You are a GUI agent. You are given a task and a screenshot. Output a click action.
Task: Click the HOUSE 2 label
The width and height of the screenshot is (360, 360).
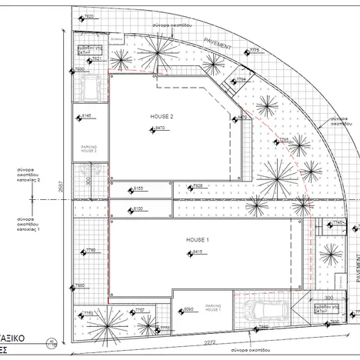click(x=162, y=116)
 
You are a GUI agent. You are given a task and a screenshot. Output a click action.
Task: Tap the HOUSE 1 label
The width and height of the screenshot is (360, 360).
click(x=198, y=240)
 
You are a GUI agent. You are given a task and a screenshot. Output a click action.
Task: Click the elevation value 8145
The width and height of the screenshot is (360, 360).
click(x=85, y=116)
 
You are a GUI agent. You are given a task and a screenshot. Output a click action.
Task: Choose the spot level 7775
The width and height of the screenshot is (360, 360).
click(x=254, y=51)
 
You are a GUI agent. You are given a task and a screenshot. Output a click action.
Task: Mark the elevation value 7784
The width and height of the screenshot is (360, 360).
click(x=241, y=78)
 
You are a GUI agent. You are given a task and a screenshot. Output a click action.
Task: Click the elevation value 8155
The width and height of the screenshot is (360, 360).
click(x=138, y=188)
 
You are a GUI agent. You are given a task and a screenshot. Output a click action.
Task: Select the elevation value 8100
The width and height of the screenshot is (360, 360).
click(x=138, y=209)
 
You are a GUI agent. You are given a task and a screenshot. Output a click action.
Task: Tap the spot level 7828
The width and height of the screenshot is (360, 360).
click(x=197, y=186)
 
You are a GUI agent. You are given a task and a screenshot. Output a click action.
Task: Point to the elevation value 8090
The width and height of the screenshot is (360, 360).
click(x=187, y=310)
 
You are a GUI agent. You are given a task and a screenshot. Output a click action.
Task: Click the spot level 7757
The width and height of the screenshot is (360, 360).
click(x=139, y=311)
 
